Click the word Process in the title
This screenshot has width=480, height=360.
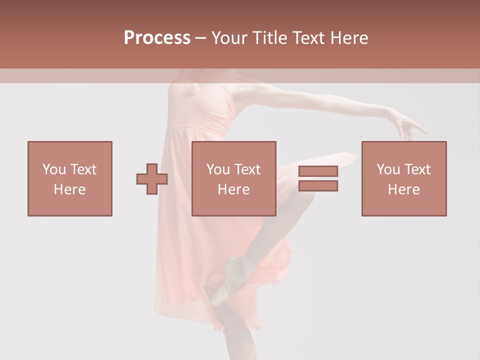(157, 38)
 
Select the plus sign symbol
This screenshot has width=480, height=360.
(152, 178)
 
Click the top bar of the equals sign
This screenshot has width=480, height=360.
(318, 171)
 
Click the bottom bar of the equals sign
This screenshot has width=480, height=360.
(318, 185)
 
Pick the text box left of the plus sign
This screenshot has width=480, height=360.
(70, 178)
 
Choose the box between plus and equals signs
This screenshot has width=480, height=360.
(234, 178)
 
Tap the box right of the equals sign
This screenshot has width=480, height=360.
(404, 178)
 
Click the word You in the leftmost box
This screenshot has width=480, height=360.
(53, 169)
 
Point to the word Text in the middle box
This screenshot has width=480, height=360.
(247, 169)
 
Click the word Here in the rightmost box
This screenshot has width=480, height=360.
(404, 189)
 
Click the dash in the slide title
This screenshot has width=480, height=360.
(201, 38)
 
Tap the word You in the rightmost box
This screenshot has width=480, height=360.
(388, 169)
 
